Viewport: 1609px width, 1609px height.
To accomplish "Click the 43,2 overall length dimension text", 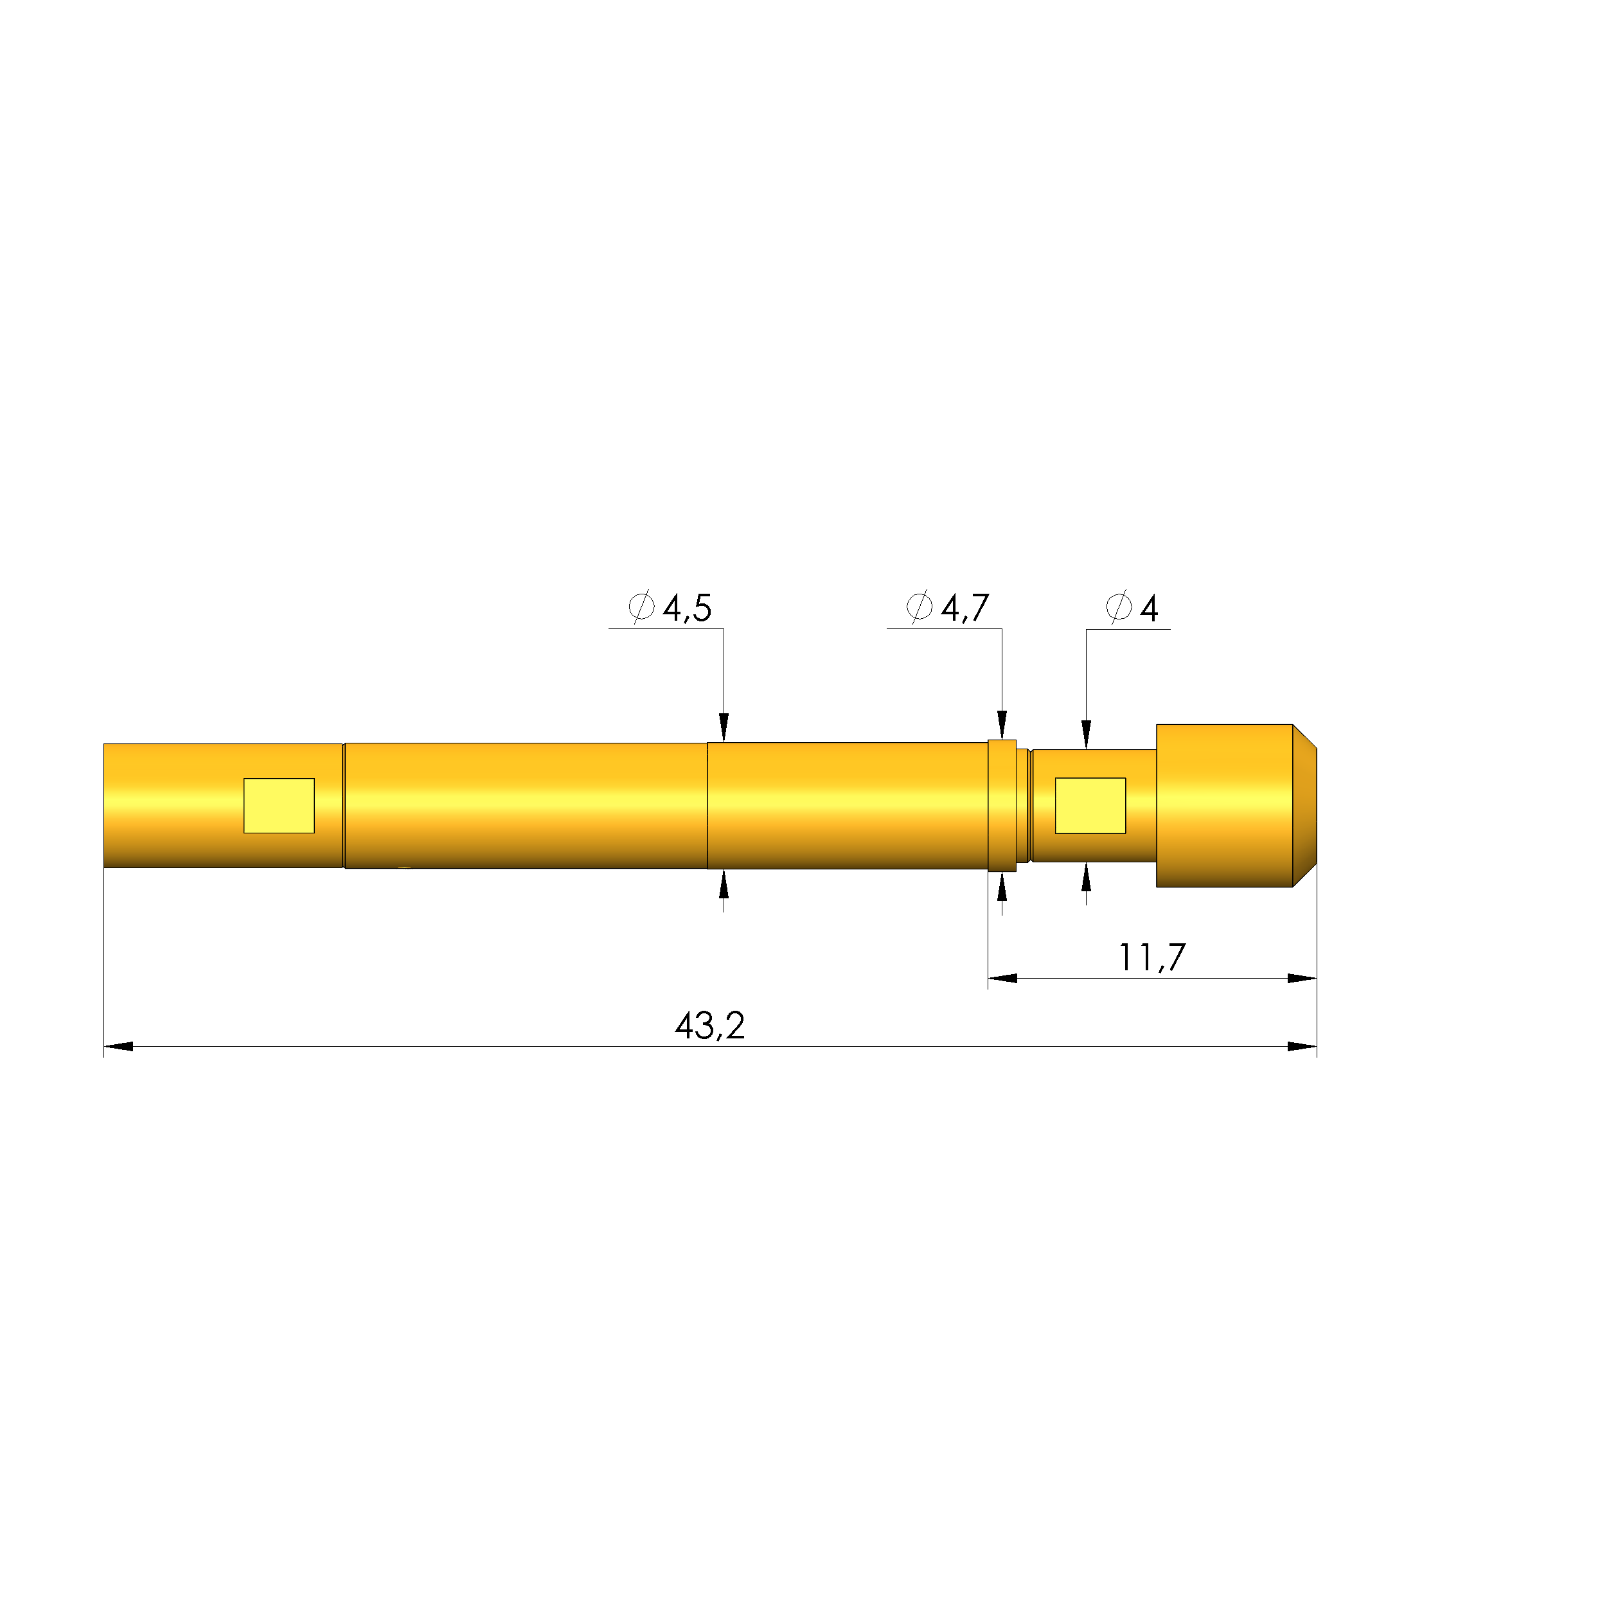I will pyautogui.click(x=709, y=1026).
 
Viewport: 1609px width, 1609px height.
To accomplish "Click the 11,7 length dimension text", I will pyautogui.click(x=1151, y=957).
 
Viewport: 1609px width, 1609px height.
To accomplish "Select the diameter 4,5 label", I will pyautogui.click(x=670, y=608).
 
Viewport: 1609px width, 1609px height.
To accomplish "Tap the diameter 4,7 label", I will pyautogui.click(x=948, y=608).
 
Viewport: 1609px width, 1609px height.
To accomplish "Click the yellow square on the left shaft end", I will pyautogui.click(x=278, y=805).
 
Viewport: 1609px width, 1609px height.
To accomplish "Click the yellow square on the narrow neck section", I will pyautogui.click(x=1090, y=805).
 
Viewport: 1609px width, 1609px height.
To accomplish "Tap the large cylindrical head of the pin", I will pyautogui.click(x=1223, y=805).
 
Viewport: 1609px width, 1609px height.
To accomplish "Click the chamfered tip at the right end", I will pyautogui.click(x=1305, y=805).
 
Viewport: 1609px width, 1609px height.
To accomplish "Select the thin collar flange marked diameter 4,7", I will pyautogui.click(x=1002, y=805).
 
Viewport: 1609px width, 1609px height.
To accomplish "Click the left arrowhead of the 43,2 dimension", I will pyautogui.click(x=118, y=1047).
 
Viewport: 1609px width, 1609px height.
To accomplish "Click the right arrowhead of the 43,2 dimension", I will pyautogui.click(x=1302, y=1047).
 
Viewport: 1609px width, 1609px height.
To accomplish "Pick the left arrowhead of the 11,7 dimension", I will pyautogui.click(x=1002, y=979).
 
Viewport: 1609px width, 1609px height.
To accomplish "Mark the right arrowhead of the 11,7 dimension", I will pyautogui.click(x=1302, y=979).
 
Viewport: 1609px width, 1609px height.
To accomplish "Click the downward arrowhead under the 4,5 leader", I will pyautogui.click(x=724, y=727).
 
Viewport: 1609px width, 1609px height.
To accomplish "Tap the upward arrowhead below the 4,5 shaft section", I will pyautogui.click(x=724, y=884).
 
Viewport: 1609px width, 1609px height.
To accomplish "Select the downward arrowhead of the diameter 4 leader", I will pyautogui.click(x=1086, y=734).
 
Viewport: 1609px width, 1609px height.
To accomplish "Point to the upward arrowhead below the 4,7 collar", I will pyautogui.click(x=1002, y=888).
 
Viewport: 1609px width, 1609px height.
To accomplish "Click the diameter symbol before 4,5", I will pyautogui.click(x=641, y=607).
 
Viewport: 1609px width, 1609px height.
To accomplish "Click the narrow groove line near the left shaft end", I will pyautogui.click(x=343, y=805).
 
